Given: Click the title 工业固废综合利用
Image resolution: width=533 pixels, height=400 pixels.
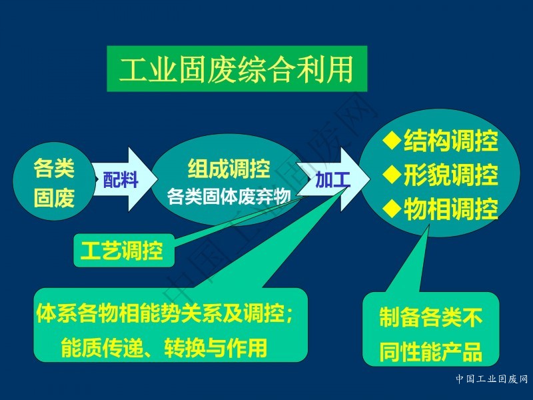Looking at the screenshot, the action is click(237, 69).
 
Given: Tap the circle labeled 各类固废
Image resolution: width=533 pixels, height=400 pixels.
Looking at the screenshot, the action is click(54, 181).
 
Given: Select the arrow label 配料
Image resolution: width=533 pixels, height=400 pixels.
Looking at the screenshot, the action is click(121, 179).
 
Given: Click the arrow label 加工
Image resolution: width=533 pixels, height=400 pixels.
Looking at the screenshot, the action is click(332, 179).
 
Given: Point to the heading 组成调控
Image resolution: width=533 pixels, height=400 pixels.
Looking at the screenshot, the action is click(229, 169).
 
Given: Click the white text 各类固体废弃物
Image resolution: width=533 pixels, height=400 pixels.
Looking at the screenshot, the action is click(229, 197).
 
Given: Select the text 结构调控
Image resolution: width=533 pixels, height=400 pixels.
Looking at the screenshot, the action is click(451, 141).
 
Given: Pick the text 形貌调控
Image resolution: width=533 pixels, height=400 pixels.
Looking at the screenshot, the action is click(451, 175).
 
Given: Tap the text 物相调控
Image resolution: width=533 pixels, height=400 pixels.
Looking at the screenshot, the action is click(451, 209).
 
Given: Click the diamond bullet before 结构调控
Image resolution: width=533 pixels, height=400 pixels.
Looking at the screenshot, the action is click(392, 140).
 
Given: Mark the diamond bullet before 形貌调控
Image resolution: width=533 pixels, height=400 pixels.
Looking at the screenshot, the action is click(392, 174).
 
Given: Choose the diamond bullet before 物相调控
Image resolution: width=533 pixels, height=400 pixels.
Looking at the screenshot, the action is click(392, 208).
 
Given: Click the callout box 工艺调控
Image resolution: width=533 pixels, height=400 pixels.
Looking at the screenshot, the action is click(124, 251).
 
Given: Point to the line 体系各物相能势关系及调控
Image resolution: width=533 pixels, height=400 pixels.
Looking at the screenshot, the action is click(165, 313).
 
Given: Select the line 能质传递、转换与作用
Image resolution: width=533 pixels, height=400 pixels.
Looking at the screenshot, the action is click(164, 347).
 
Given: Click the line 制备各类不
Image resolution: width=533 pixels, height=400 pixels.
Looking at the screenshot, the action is click(431, 317).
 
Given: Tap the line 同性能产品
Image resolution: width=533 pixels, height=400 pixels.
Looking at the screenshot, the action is click(431, 351).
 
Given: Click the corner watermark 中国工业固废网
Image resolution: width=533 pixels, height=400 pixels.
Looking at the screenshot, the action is click(492, 379).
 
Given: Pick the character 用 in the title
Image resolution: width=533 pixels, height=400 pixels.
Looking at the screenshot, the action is click(339, 69).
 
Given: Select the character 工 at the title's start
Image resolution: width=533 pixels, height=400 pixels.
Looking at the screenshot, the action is click(133, 69).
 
